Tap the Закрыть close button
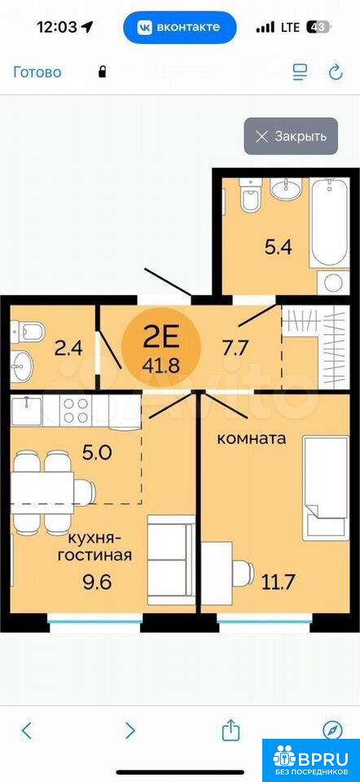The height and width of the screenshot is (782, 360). pos(291,136)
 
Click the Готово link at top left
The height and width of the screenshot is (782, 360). pos(37,72)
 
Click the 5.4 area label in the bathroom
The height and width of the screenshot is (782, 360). pos(278,248)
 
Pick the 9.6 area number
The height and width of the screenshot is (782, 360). pos(98,582)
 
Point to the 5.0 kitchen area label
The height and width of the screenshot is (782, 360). pos(99,454)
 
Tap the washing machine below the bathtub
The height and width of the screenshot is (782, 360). pos(332,283)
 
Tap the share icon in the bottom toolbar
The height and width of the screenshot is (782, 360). pos(230,730)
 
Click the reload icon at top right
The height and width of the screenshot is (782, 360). pos(336,72)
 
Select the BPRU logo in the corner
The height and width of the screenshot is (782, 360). pos(310,759)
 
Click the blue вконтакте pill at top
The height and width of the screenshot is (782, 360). pos(180,28)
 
